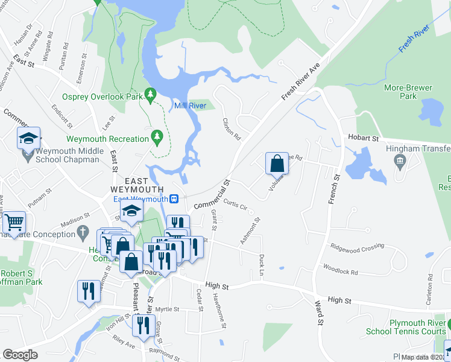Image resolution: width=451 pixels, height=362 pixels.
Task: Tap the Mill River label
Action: [x=190, y=106]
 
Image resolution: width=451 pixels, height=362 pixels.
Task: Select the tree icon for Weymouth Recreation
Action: [x=157, y=138]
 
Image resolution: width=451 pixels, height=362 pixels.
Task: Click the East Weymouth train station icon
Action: [x=174, y=198]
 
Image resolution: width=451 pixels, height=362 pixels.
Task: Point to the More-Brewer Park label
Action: [x=408, y=92]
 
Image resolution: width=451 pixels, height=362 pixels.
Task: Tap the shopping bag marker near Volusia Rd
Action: [x=277, y=163]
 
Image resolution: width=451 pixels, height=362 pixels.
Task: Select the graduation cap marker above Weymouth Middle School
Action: [x=28, y=138]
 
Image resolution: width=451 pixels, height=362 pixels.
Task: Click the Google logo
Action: [x=20, y=355]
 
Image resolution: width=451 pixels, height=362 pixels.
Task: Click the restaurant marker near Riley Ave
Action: [x=143, y=326]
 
